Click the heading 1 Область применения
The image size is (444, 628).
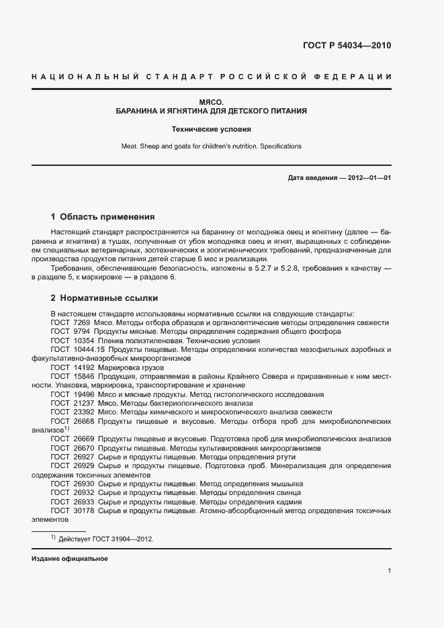103,217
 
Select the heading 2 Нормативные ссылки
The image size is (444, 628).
105,298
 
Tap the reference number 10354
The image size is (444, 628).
83,341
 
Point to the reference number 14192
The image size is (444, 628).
83,368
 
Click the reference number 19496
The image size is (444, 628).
83,395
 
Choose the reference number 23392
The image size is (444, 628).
83,412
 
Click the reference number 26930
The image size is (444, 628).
83,484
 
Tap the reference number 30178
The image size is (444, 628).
83,510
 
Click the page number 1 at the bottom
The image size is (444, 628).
390,571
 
